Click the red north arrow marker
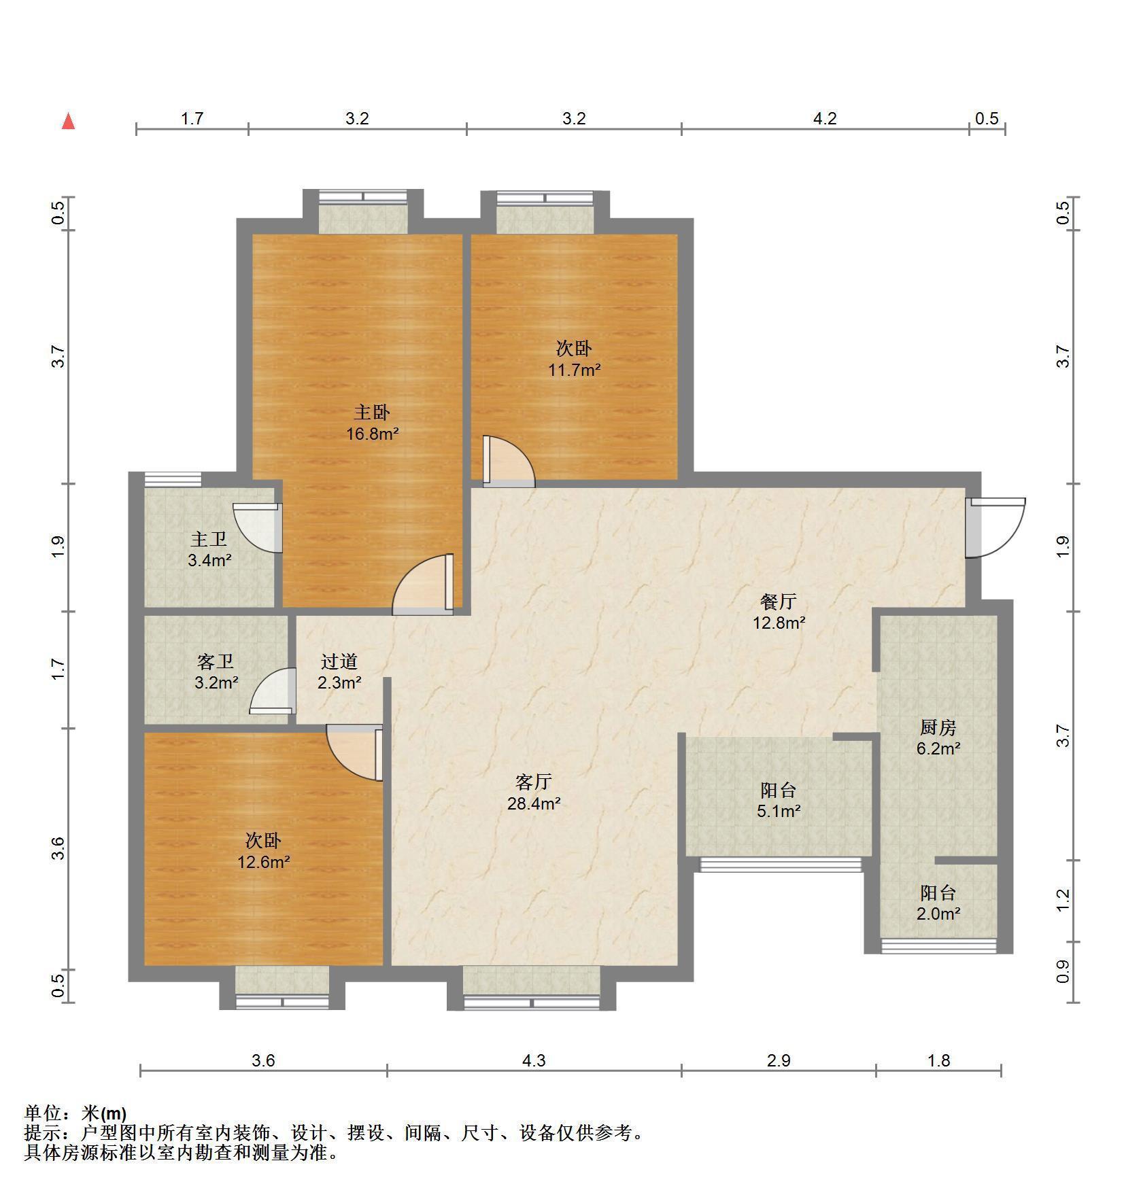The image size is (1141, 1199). (x=68, y=121)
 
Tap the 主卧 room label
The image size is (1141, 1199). (x=372, y=412)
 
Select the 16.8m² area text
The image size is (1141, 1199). (x=372, y=434)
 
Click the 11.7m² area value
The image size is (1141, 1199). (x=575, y=370)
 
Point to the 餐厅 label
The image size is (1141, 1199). (x=779, y=601)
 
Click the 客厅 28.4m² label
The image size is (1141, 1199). (x=534, y=793)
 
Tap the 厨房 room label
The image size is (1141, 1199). (x=938, y=727)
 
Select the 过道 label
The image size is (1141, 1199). (x=339, y=661)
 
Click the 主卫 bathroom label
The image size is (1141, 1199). (x=209, y=539)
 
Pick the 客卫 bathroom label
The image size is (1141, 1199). (x=216, y=661)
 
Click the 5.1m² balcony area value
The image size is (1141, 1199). (x=779, y=811)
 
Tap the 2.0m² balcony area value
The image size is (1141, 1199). (x=938, y=914)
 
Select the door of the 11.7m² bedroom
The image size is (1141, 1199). (x=509, y=462)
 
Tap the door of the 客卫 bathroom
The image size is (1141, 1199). (x=273, y=691)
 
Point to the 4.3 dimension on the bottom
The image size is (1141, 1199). (x=534, y=1060)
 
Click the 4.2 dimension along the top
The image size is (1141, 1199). (x=825, y=119)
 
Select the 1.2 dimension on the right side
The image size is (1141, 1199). (x=1063, y=900)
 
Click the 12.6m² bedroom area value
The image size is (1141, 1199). (x=264, y=862)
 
